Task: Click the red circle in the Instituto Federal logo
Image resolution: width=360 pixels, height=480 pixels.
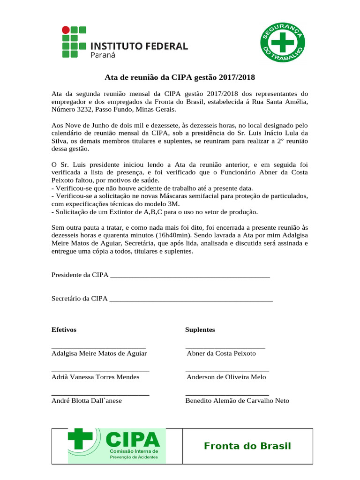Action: [66, 30]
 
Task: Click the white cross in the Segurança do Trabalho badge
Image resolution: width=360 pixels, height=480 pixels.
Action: [283, 43]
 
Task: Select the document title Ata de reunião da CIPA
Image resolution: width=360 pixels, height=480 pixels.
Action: [180, 77]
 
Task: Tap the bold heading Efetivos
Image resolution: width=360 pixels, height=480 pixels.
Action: [64, 330]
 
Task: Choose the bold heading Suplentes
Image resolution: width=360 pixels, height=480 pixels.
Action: [200, 330]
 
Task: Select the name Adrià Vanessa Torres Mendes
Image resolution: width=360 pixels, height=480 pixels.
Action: [95, 377]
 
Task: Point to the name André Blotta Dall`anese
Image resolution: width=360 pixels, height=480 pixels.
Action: [86, 400]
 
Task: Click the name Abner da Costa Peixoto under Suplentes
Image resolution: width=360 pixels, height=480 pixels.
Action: [221, 353]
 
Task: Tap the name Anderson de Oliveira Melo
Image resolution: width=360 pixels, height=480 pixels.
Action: [226, 377]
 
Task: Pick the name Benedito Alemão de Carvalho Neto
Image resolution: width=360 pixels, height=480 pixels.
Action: [237, 400]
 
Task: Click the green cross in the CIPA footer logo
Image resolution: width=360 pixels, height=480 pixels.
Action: [80, 439]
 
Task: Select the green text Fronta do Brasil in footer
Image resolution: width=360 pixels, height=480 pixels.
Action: [247, 446]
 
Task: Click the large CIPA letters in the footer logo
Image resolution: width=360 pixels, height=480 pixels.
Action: [133, 440]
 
